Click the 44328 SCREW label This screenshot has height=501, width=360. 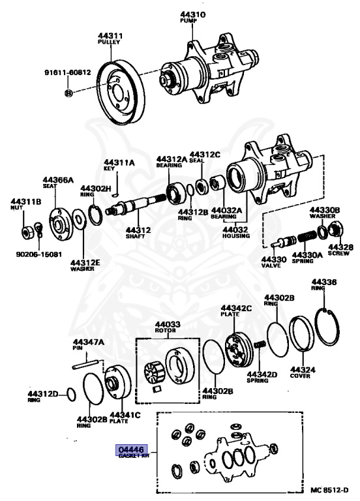coord(340,250)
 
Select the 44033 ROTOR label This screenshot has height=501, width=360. coord(168,327)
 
